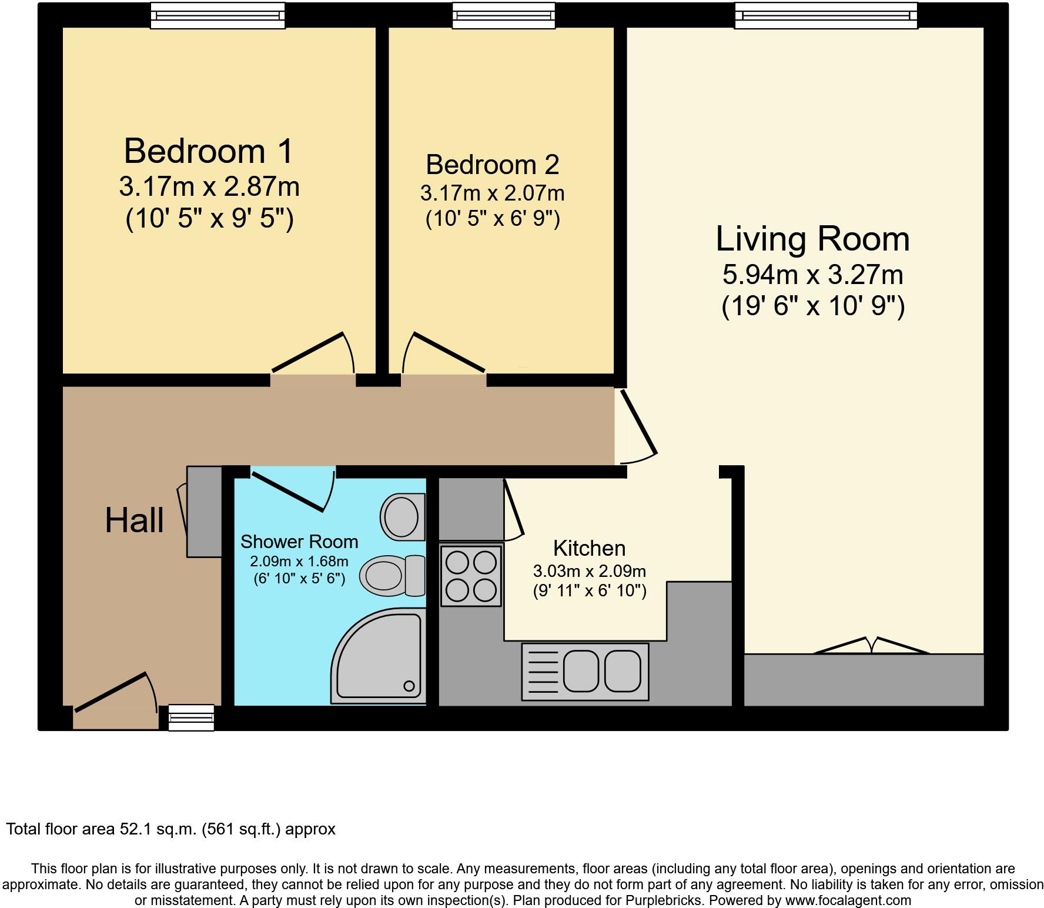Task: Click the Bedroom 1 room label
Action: (x=209, y=151)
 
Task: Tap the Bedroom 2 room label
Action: (x=493, y=165)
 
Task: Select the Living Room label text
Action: (x=813, y=239)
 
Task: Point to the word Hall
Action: (x=134, y=520)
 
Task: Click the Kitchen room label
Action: (x=590, y=548)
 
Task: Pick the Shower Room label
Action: (x=299, y=541)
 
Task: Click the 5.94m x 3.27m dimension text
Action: (x=813, y=275)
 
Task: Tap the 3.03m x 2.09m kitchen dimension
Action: (x=590, y=571)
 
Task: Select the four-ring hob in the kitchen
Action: (x=471, y=576)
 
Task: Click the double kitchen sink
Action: (x=585, y=672)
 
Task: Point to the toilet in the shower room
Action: (x=393, y=576)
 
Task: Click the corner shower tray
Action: (x=379, y=656)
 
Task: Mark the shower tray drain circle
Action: (x=409, y=686)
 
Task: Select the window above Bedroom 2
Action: (x=504, y=15)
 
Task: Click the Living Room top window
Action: (x=826, y=15)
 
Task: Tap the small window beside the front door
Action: (x=191, y=717)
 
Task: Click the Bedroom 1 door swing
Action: (x=313, y=353)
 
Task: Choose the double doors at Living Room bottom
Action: (x=871, y=645)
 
